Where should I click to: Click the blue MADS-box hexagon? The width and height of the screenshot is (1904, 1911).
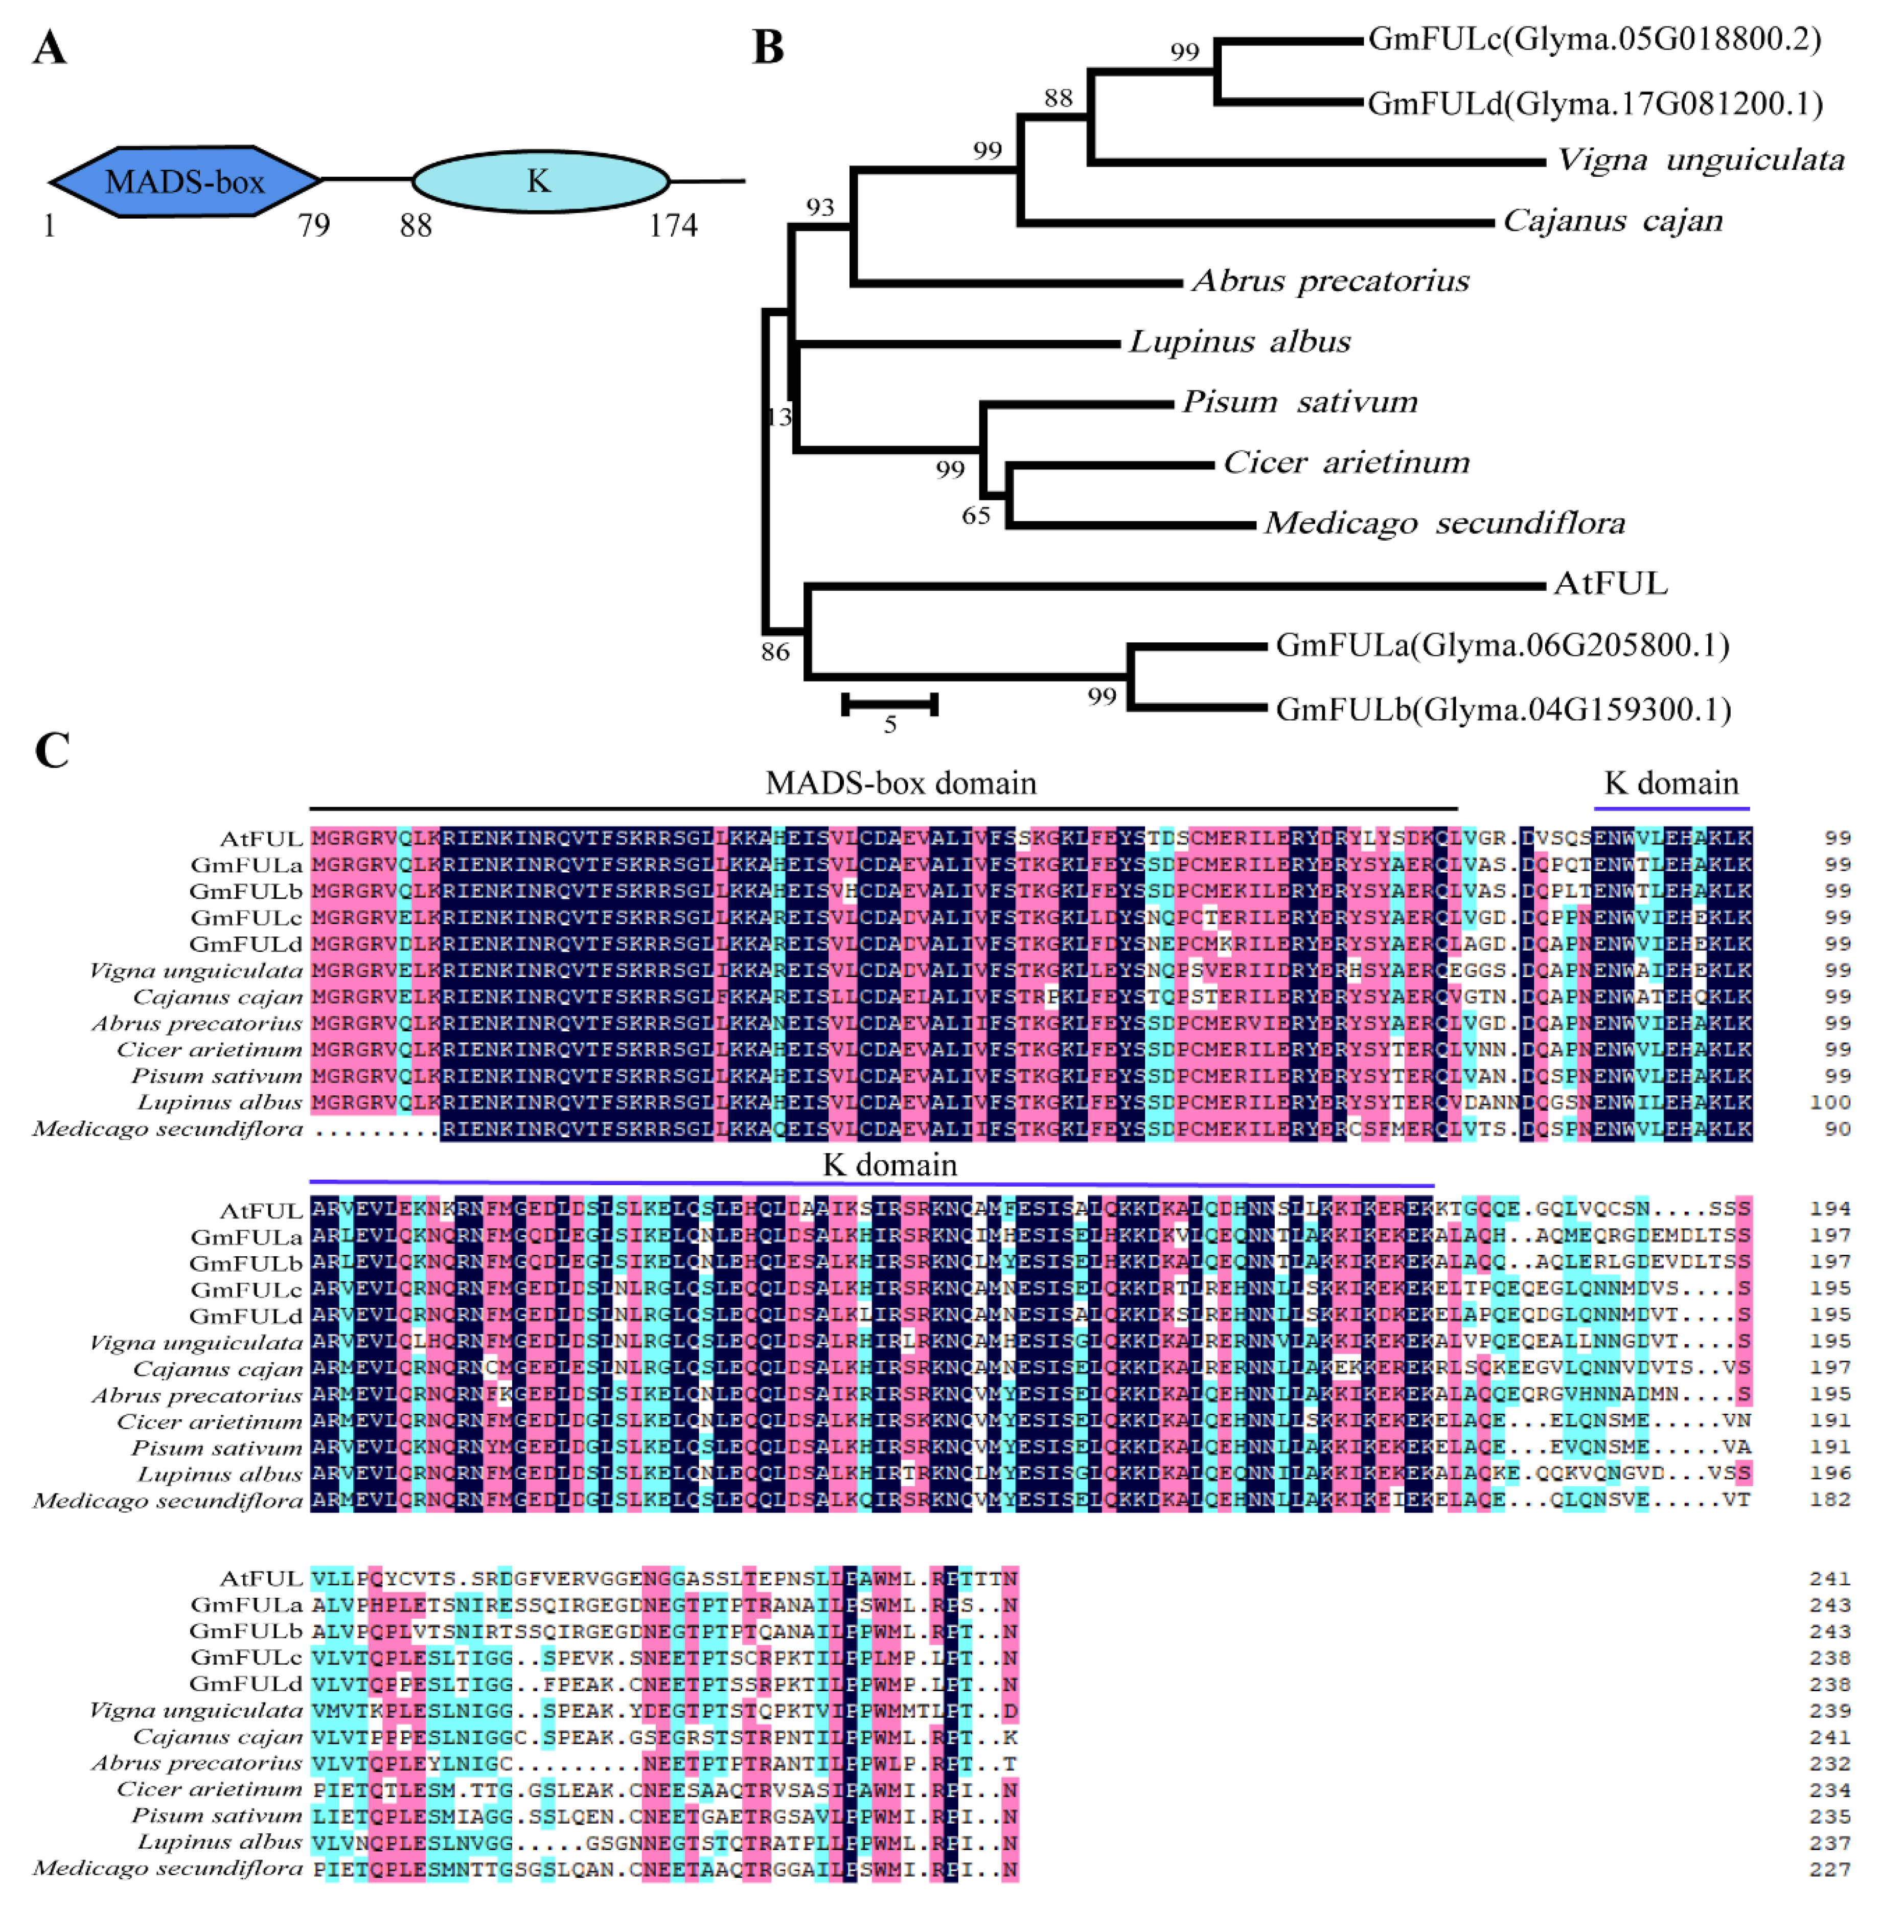point(185,181)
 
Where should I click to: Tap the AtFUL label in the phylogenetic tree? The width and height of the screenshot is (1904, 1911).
point(1610,584)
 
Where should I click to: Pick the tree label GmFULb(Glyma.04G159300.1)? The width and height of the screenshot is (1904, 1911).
point(1502,709)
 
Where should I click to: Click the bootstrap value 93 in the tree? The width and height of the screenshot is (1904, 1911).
point(820,206)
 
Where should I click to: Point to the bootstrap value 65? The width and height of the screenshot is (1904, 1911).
point(976,515)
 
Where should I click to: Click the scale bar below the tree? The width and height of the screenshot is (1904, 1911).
point(889,704)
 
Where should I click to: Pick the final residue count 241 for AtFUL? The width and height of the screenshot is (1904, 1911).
point(1830,1579)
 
